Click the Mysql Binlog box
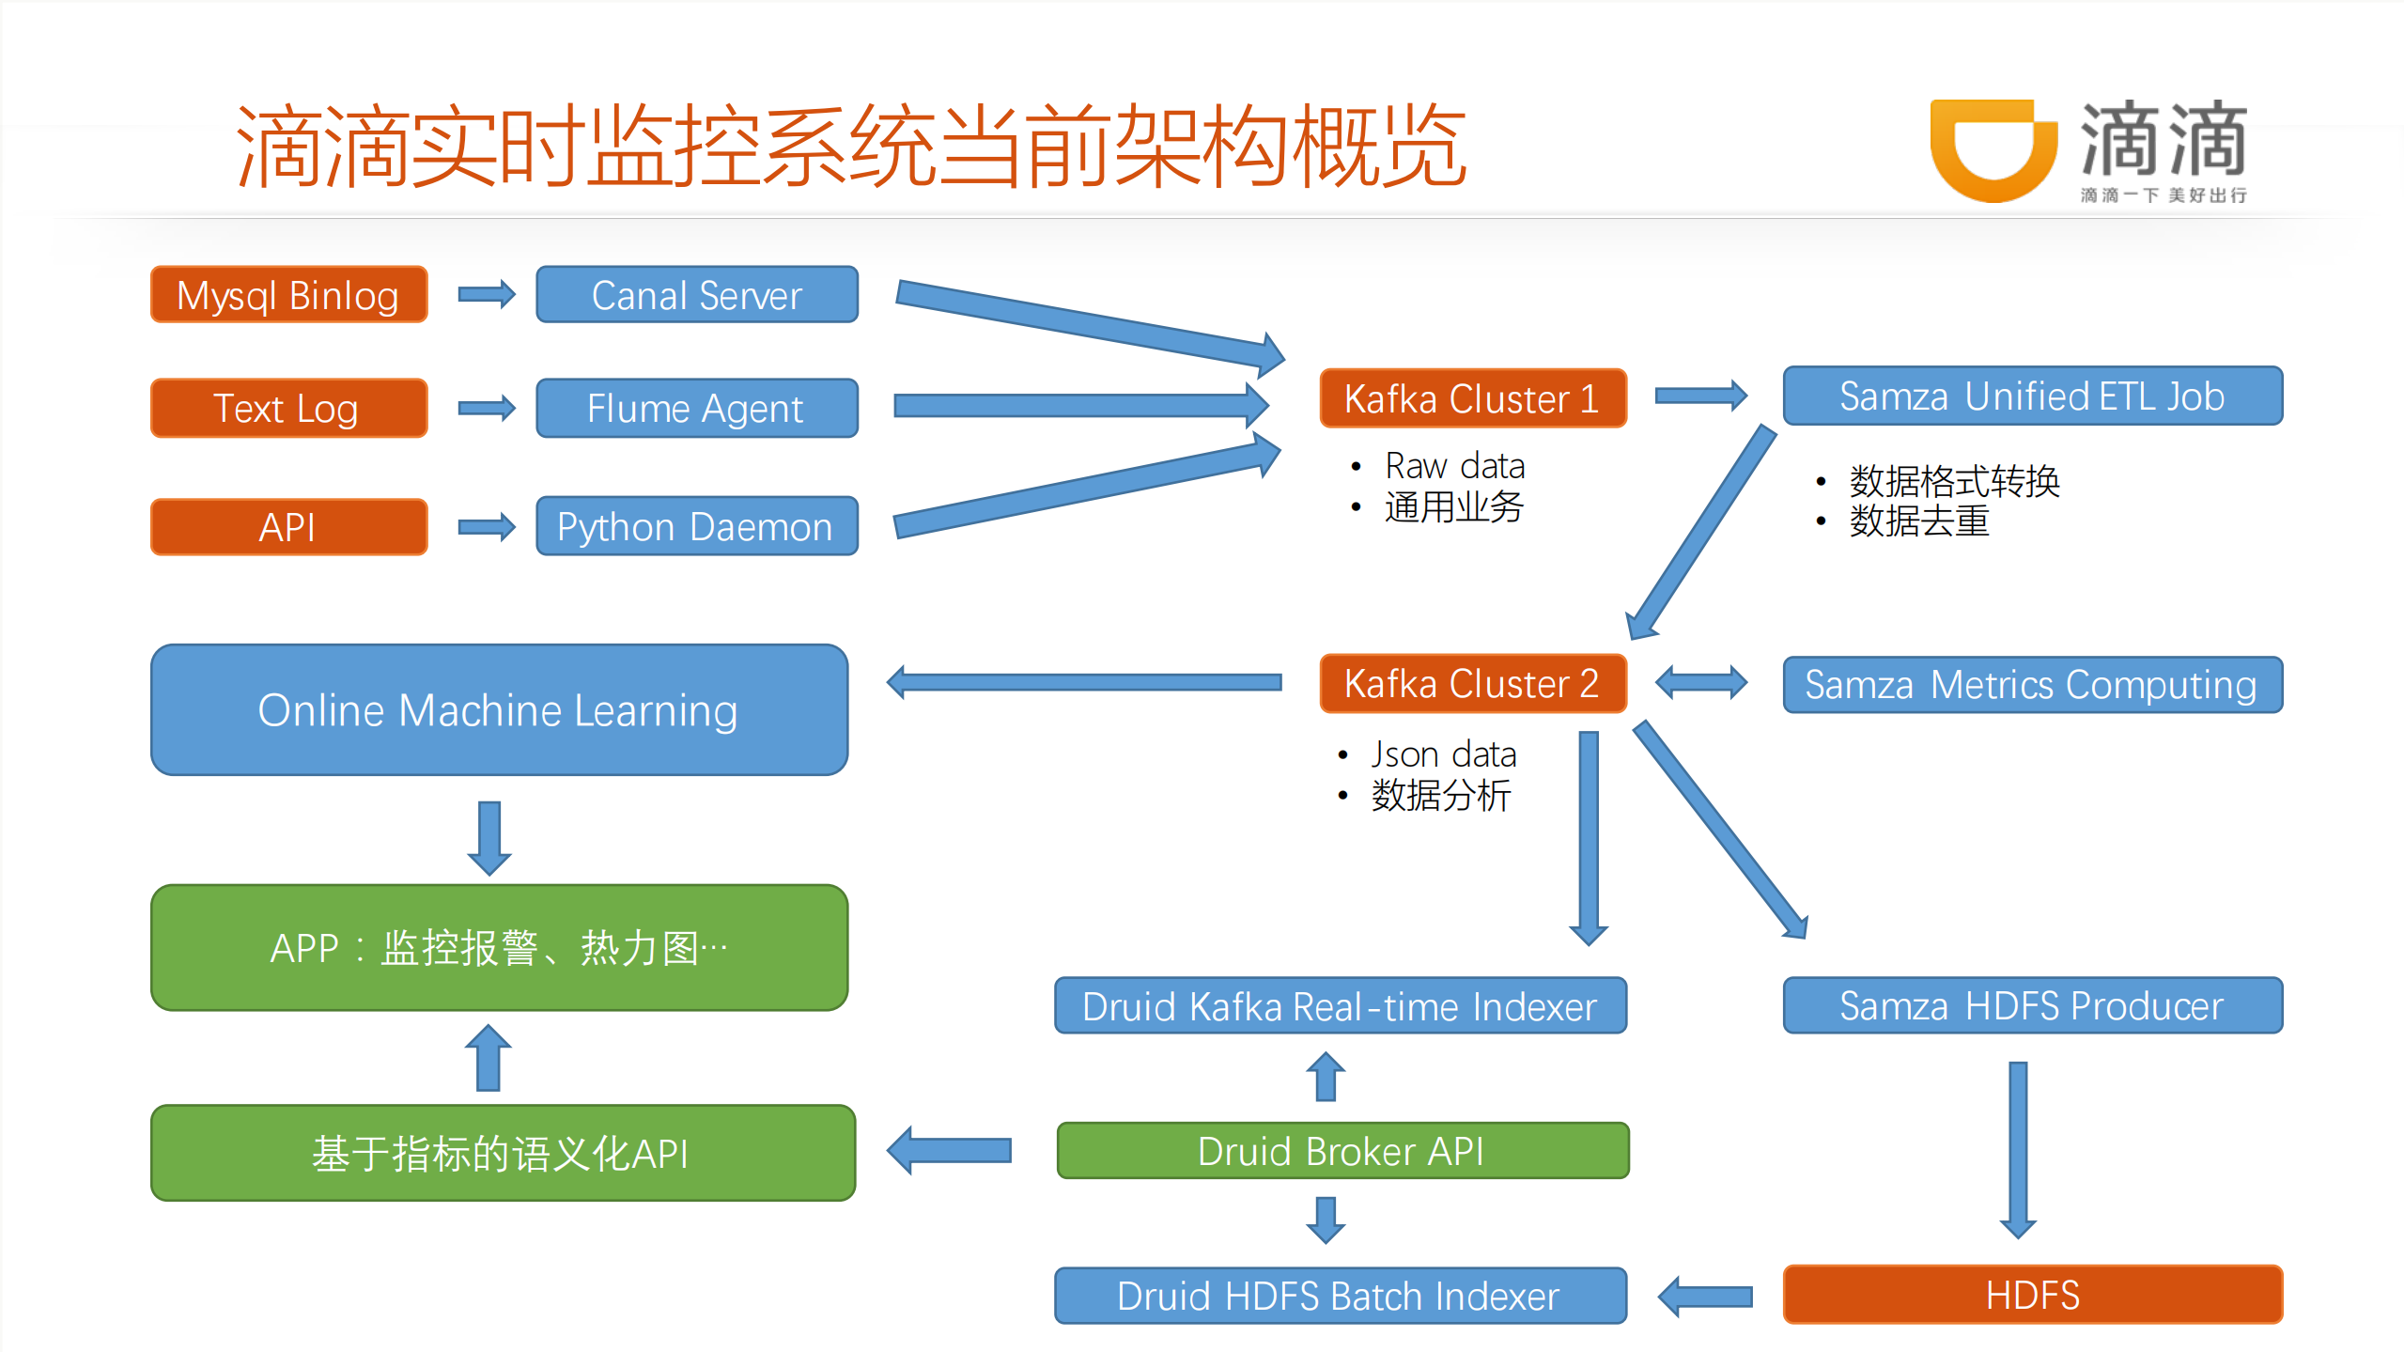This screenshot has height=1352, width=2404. [x=288, y=295]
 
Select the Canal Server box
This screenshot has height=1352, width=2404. [x=696, y=295]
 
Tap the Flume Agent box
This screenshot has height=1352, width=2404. [x=696, y=408]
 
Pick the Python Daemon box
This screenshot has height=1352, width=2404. [x=696, y=526]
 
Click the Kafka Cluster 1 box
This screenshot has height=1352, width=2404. [x=1472, y=398]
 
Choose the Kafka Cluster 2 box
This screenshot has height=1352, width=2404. [x=1472, y=683]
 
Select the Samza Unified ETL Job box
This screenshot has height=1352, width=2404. [x=2032, y=396]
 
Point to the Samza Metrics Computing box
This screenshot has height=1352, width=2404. [x=2032, y=685]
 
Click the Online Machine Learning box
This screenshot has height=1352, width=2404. [x=499, y=709]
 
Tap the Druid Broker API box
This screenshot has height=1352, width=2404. [x=1342, y=1151]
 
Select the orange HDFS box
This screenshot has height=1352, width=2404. [x=2032, y=1295]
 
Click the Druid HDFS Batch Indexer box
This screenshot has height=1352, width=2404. [x=1340, y=1296]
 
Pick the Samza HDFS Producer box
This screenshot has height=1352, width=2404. [x=2032, y=1005]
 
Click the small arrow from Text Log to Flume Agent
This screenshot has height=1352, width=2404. [x=487, y=408]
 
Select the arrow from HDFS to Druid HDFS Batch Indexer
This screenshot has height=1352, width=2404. [x=1705, y=1297]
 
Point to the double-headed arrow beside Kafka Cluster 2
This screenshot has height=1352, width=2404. [x=1701, y=682]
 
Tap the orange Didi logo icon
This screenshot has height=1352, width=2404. [x=1993, y=150]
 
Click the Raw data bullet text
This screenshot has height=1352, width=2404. [x=1454, y=466]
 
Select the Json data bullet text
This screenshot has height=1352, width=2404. [x=1443, y=754]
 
